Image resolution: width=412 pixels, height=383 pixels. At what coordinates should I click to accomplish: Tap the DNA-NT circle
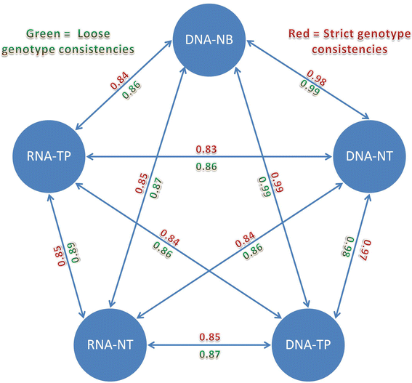point(366,156)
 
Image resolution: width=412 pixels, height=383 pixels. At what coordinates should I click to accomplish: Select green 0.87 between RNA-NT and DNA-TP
point(207,354)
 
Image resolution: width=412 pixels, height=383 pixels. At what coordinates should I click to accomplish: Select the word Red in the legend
point(291,33)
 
